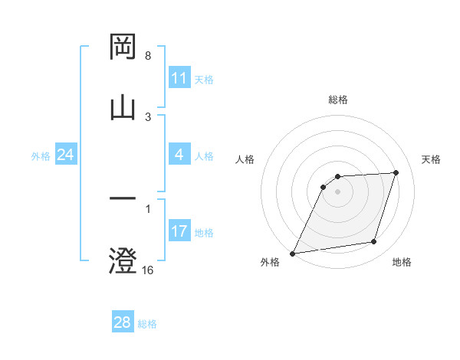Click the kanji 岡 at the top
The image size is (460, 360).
pos(123,47)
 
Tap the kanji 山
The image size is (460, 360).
pos(123,107)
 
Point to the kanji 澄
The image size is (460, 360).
pos(123,260)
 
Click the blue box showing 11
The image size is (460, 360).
pos(179,78)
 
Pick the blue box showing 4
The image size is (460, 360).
pos(179,155)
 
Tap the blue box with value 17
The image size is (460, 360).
pos(179,231)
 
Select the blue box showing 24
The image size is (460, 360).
pos(65,155)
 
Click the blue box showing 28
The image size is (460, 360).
pos(123,322)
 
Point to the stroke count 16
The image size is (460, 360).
pos(148,270)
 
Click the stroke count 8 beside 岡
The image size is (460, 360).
pos(148,56)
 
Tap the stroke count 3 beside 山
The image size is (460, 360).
pos(148,116)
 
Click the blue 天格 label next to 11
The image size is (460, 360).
pos(204,79)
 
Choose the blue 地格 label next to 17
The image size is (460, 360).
pos(204,232)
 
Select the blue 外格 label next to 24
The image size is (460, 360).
pos(41,156)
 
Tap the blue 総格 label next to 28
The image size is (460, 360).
pos(147,323)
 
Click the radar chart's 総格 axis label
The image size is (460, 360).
pos(338,100)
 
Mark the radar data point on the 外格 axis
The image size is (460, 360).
pos(292,253)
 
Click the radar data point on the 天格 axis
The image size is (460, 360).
pos(396,172)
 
